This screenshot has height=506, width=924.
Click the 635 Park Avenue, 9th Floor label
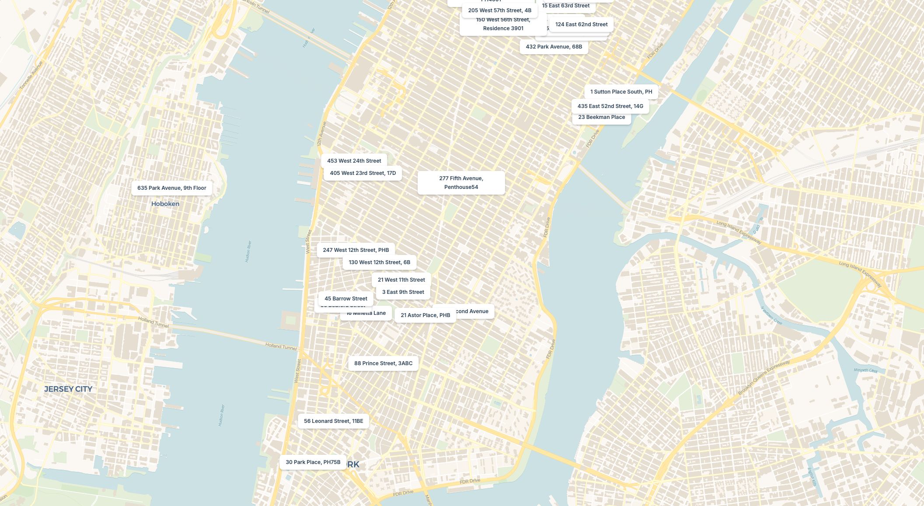point(171,188)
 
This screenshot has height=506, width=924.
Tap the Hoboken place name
point(165,204)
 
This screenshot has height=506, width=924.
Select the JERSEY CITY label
point(68,389)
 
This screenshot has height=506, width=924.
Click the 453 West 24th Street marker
point(354,161)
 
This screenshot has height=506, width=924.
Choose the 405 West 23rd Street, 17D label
point(363,173)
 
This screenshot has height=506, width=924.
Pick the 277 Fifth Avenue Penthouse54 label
point(461,183)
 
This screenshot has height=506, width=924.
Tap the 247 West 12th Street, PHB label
point(356,250)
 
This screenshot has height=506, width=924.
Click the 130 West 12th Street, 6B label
point(379,262)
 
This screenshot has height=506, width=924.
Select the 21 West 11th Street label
point(401,280)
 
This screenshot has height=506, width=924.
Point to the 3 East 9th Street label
point(403,292)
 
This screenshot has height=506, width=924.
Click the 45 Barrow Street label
point(345,299)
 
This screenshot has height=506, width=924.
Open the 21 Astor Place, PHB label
point(425,315)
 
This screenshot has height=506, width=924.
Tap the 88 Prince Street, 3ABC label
point(383,363)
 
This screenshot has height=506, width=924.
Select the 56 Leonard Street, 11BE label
point(333,421)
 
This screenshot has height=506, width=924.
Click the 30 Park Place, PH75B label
point(313,462)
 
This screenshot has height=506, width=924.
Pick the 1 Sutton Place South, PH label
point(621,92)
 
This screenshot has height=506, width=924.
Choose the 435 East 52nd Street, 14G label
point(610,106)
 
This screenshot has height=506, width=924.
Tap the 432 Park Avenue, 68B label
point(554,47)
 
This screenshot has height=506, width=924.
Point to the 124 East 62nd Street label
point(581,24)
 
